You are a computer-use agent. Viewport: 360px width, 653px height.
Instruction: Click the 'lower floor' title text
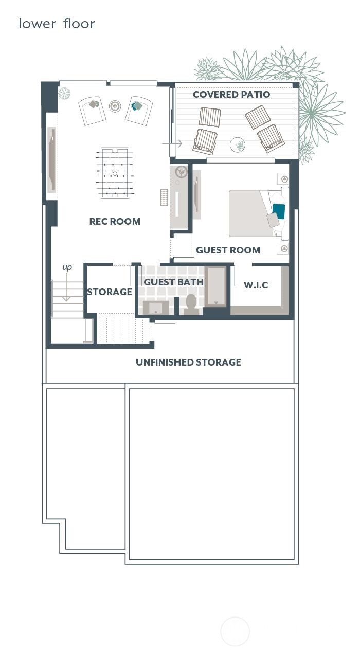coord(57,24)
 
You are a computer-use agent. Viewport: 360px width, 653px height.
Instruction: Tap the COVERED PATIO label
coord(231,95)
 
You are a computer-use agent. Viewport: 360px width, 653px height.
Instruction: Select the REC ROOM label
coord(115,222)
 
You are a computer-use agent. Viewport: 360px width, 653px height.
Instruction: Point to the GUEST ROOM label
coord(228,250)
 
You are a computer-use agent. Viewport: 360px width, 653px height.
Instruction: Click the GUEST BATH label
coord(173,282)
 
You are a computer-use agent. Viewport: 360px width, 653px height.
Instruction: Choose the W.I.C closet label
coord(256,285)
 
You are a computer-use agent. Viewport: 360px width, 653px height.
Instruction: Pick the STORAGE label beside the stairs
coord(109,292)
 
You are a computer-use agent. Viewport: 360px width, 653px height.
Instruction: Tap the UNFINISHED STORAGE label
coord(188,362)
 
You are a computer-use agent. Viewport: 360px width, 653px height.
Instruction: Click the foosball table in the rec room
coord(114,173)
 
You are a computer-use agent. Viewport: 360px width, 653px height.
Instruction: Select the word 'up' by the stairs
coord(67,267)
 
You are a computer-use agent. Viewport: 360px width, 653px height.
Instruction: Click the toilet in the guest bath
coord(191,303)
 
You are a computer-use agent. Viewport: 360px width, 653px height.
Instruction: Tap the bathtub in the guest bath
coord(216,286)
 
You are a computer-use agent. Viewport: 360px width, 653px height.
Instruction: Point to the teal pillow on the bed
coord(278,211)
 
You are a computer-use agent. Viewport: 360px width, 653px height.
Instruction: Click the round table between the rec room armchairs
coord(115,106)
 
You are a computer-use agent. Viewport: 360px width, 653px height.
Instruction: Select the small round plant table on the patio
coord(238,145)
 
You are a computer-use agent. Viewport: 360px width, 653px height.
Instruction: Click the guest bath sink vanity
coord(155,307)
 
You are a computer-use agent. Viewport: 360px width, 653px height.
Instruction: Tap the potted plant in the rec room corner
coord(64,93)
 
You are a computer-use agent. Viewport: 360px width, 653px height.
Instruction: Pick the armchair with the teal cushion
coord(138,110)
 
